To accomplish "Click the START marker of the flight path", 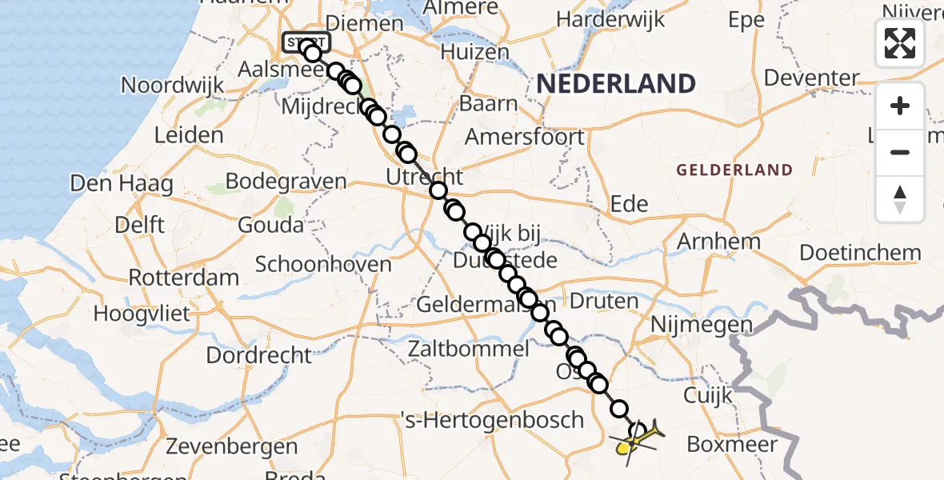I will [306, 42].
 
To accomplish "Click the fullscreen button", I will [900, 43].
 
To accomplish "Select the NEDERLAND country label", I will [615, 83].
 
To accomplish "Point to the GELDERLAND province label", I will [734, 170].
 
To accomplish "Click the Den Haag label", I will [122, 183].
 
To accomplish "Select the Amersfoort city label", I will [525, 137].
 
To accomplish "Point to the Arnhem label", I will [719, 242].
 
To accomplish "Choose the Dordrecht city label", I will [258, 354].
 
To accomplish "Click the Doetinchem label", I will [861, 253].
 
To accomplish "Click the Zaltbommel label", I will [469, 349].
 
